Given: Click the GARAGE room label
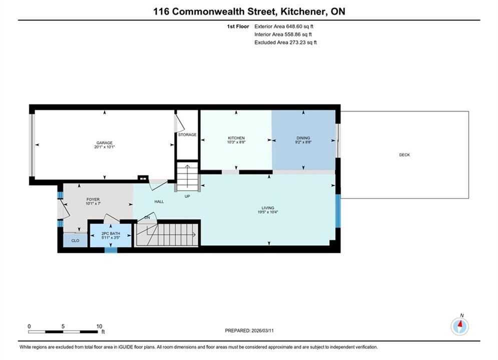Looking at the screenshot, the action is tap(105, 142).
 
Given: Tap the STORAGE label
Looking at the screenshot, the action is tap(187, 134).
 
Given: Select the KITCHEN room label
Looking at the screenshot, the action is tap(236, 138).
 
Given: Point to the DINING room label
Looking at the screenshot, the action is tap(303, 138).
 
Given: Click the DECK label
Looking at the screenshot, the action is tap(404, 155).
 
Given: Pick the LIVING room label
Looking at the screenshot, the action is tap(268, 208).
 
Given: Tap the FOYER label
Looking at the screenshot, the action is tap(93, 199).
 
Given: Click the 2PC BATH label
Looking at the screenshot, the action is tap(111, 233).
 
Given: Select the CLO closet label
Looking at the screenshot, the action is tap(75, 240).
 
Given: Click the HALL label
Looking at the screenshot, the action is tap(159, 201).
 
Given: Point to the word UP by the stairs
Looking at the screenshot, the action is tap(187, 196).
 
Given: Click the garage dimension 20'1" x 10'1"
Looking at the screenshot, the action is tap(105, 147).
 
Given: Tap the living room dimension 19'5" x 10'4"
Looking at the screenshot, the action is tap(268, 212).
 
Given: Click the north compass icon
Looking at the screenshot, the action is tap(460, 326).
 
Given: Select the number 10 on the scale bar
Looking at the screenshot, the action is tap(100, 326).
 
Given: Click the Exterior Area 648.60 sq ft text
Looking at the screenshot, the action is tap(284, 26).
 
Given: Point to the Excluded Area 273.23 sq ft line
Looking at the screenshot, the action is tap(285, 42).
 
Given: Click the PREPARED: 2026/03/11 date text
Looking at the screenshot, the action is tap(249, 330).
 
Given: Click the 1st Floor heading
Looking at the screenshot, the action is tap(238, 26).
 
